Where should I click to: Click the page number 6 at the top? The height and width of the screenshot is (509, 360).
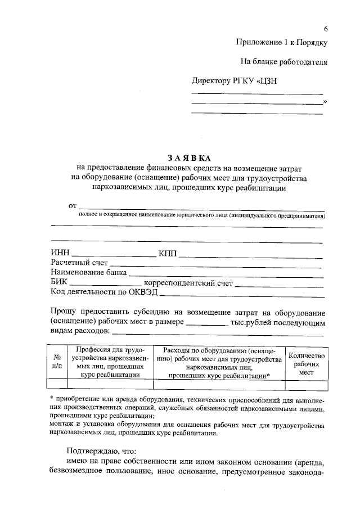(x=325, y=29)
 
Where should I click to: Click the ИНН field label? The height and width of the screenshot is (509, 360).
(x=61, y=253)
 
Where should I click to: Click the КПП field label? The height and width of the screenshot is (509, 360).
(x=168, y=253)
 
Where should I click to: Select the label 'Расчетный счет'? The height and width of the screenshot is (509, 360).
(x=79, y=263)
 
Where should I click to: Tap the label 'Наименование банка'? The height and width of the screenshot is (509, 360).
(x=88, y=273)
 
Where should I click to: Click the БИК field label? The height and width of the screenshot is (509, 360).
(x=59, y=282)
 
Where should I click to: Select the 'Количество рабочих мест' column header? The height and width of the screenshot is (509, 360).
(x=306, y=363)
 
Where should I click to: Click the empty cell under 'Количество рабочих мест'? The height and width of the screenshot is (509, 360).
(x=306, y=383)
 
